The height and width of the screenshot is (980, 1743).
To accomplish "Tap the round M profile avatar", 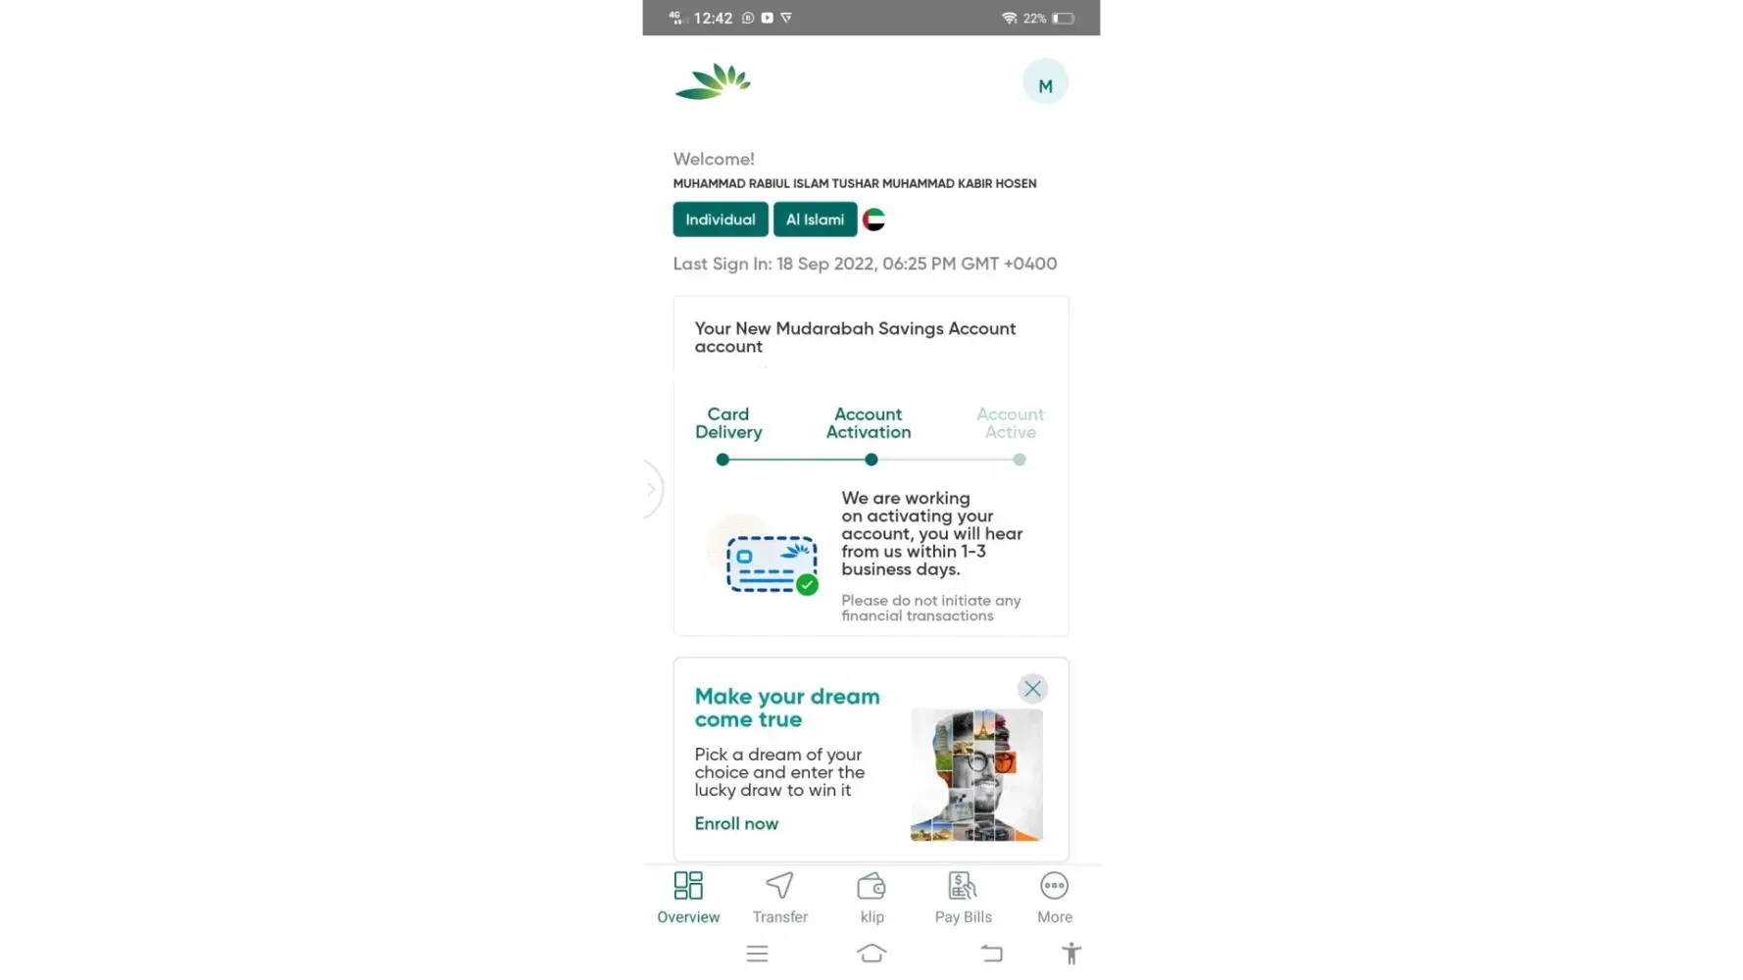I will tap(1045, 84).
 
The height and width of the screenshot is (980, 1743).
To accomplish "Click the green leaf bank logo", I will tap(713, 82).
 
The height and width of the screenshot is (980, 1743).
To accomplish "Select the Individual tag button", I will tap(721, 220).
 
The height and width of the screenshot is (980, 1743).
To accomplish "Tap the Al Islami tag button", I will tap(815, 220).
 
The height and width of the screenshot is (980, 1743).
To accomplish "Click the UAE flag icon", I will tap(874, 220).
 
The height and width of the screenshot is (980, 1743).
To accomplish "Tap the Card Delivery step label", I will tap(728, 423).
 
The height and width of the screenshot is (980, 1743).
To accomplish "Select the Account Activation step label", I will tap(869, 423).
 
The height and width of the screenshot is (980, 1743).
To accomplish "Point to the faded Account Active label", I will tap(1011, 423).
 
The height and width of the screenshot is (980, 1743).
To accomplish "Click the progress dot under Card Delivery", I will tap(722, 460).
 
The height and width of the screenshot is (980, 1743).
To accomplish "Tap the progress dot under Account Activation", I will tap(871, 460).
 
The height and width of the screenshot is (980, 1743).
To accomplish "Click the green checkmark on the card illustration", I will tap(807, 585).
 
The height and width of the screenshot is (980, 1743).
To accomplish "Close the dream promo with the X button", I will tap(1032, 689).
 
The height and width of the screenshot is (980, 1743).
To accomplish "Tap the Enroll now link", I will tap(736, 824).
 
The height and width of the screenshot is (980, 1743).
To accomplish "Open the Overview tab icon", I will tap(688, 886).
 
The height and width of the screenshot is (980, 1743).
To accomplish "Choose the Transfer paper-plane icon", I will tap(780, 886).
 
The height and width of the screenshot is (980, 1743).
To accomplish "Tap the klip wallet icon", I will tap(871, 886).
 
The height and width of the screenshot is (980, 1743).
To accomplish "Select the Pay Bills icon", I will tap(963, 886).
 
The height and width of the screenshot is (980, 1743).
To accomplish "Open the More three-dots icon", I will tap(1054, 886).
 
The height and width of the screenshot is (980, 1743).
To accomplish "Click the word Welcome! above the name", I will tap(714, 159).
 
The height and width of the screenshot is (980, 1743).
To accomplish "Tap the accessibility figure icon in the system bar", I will tap(1071, 954).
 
